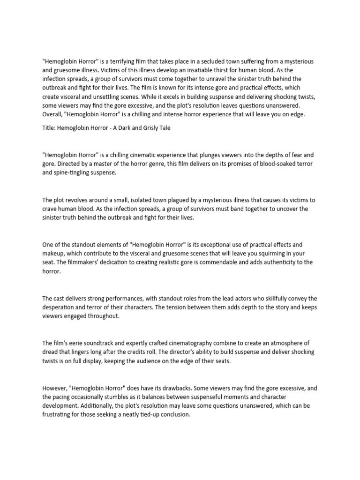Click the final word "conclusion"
pyautogui.click(x=174, y=414)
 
